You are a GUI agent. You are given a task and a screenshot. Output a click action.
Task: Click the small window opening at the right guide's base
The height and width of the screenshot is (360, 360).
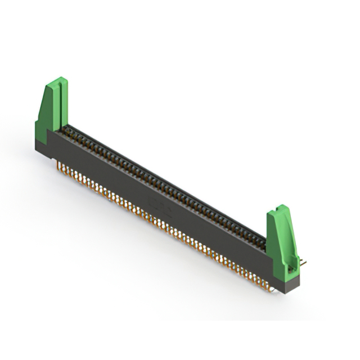click(x=290, y=269)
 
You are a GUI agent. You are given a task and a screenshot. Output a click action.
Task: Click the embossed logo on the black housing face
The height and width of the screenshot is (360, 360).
click(x=156, y=202)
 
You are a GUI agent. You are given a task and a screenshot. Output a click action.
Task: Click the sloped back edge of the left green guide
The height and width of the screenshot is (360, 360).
click(x=42, y=104)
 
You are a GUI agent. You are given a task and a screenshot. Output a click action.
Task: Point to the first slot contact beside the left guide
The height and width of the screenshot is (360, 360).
click(x=66, y=129)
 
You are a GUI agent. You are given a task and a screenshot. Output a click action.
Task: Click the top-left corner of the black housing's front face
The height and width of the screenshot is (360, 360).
click(x=49, y=132)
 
